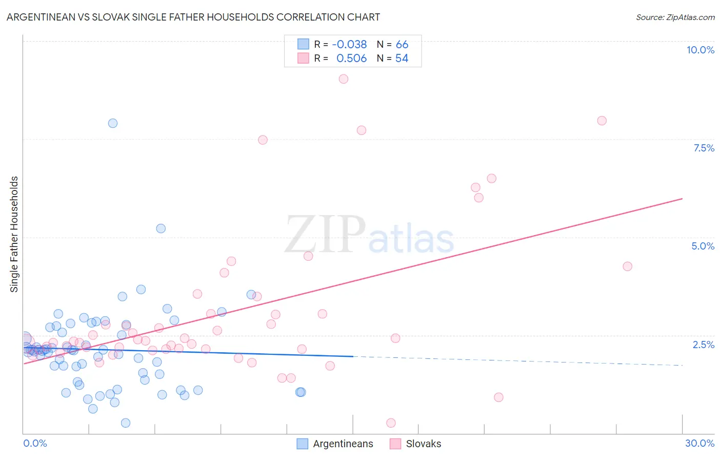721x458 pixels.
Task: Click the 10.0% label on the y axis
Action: (x=700, y=50)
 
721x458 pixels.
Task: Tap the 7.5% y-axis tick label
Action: (x=704, y=148)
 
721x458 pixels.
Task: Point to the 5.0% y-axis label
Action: (x=703, y=246)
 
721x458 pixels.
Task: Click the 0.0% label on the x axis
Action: (x=35, y=443)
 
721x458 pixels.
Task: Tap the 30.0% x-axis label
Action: (x=699, y=443)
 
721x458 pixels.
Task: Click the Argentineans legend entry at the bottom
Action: (x=343, y=444)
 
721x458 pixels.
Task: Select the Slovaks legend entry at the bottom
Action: (x=423, y=444)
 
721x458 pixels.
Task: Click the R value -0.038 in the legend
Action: (x=349, y=44)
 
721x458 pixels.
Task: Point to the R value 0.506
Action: (x=351, y=59)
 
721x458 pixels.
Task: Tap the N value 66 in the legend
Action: (x=402, y=44)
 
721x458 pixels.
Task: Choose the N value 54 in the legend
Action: (x=402, y=59)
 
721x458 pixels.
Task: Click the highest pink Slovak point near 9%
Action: (x=344, y=79)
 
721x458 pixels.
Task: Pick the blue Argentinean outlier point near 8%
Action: (x=113, y=123)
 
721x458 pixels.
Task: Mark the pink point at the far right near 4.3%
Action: (x=627, y=266)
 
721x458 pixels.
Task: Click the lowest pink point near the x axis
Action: (x=391, y=423)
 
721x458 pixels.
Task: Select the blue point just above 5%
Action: (x=161, y=228)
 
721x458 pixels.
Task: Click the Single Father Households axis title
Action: (x=14, y=234)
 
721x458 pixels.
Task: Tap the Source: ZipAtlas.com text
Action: (x=675, y=17)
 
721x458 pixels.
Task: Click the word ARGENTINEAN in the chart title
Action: (x=38, y=17)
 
